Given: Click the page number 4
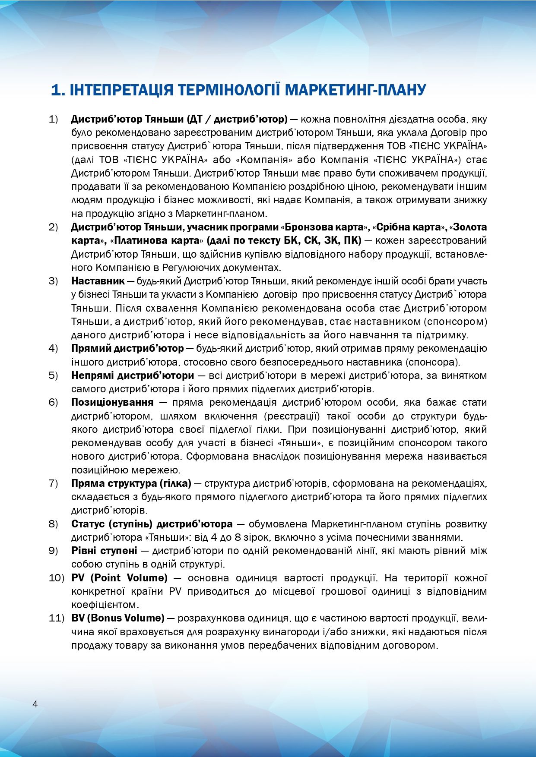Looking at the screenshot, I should point(35,704).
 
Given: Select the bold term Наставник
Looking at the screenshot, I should point(98,281).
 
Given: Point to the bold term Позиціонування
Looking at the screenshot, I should point(112,402).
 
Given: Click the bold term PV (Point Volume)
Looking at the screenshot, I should point(119,577).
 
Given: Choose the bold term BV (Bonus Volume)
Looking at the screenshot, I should point(118,618).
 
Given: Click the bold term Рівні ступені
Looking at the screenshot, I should point(104,551).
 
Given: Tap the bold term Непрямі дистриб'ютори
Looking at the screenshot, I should point(133,375).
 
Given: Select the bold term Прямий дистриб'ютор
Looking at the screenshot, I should point(127,348).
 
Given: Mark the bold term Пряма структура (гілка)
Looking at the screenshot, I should point(131,483).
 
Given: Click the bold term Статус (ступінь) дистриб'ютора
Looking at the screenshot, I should point(152,524).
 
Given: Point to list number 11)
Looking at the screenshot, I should point(56,618).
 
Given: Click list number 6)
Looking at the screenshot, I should point(53,402).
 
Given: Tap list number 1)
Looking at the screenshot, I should point(53,119).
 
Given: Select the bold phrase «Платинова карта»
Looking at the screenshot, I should point(156,240).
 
